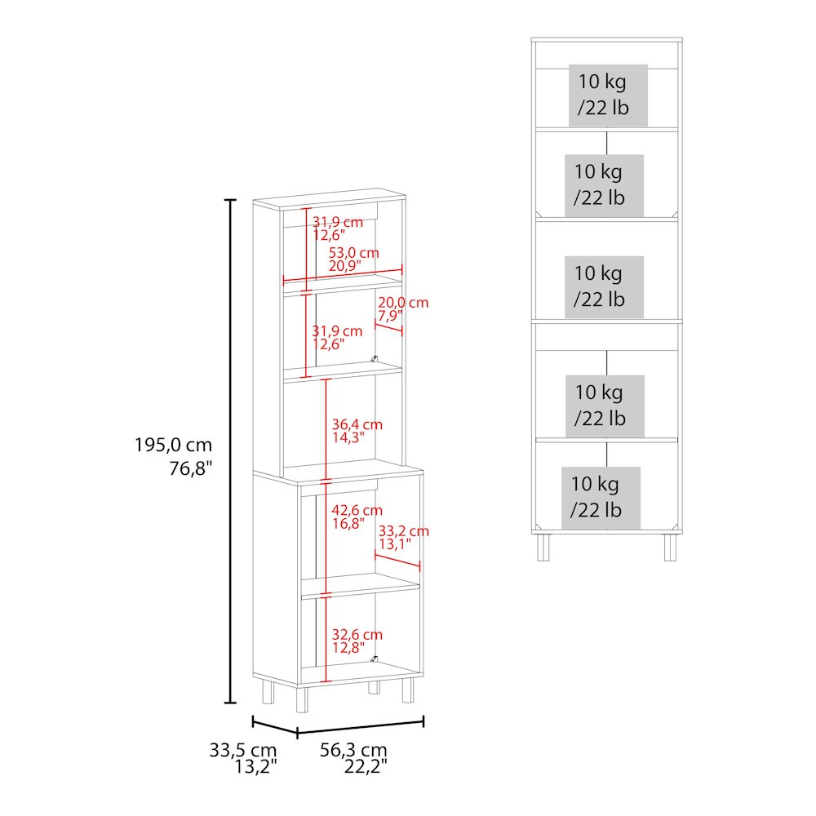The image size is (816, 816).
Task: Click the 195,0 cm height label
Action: pyautogui.click(x=174, y=446)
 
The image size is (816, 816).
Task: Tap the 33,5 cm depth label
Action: pyautogui.click(x=243, y=750)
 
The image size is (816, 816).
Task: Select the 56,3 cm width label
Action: pyautogui.click(x=353, y=750)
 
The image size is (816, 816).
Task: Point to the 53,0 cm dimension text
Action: pyautogui.click(x=353, y=253)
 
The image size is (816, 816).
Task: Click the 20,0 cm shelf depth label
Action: pyautogui.click(x=403, y=303)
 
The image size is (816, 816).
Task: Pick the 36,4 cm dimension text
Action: pyautogui.click(x=357, y=424)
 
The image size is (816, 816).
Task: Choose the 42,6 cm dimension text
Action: pyautogui.click(x=357, y=511)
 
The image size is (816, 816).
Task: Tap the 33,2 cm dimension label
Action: pyautogui.click(x=404, y=531)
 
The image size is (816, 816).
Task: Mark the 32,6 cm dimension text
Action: pyautogui.click(x=357, y=635)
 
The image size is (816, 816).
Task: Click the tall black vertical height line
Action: pyautogui.click(x=230, y=451)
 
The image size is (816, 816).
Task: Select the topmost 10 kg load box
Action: pyautogui.click(x=608, y=95)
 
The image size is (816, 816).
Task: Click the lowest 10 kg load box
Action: pyautogui.click(x=601, y=498)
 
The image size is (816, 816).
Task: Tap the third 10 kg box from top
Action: pyautogui.click(x=604, y=286)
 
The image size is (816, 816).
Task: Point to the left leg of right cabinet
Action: pyautogui.click(x=543, y=548)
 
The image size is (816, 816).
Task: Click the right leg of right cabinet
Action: pyautogui.click(x=670, y=548)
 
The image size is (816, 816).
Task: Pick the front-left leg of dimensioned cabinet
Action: pyautogui.click(x=302, y=699)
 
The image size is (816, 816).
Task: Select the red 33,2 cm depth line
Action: pyautogui.click(x=397, y=561)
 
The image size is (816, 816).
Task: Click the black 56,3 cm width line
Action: pyautogui.click(x=360, y=727)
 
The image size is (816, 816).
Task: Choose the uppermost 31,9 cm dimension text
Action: pyautogui.click(x=338, y=222)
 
